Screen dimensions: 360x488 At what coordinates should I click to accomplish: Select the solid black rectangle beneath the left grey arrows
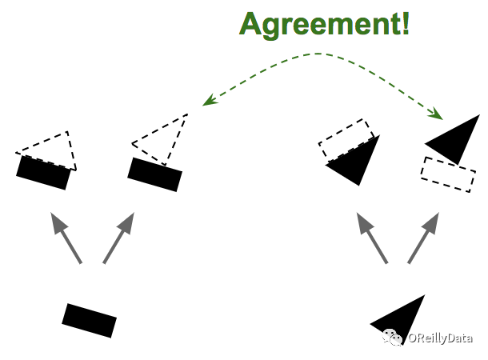(x=89, y=320)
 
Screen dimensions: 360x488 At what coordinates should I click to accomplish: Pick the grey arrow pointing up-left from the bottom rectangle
(x=66, y=238)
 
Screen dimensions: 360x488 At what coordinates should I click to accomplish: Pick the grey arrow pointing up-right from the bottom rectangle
(x=118, y=238)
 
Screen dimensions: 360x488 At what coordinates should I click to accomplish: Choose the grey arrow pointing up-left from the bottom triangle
(x=372, y=238)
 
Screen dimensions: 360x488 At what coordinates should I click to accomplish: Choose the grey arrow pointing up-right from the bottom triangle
(x=423, y=238)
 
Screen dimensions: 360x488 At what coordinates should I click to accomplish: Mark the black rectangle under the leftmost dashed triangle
(x=43, y=173)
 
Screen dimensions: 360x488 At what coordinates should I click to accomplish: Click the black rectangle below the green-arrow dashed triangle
(x=154, y=174)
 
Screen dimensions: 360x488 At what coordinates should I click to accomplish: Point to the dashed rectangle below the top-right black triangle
(x=447, y=174)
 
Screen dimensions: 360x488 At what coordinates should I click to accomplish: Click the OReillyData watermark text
(x=439, y=338)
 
